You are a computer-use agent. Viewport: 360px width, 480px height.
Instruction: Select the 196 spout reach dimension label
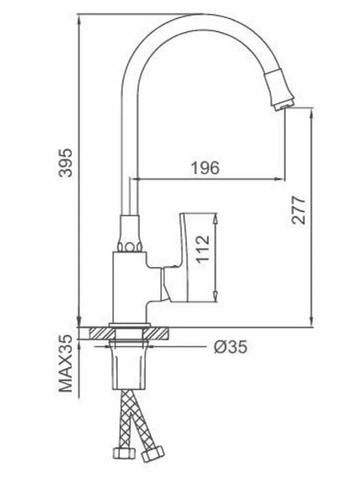click(x=205, y=168)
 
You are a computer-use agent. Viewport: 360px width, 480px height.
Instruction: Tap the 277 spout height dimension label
click(x=299, y=210)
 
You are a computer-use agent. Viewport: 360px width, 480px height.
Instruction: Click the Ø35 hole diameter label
click(x=230, y=347)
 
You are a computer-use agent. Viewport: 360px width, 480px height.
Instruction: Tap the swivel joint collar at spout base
click(x=130, y=234)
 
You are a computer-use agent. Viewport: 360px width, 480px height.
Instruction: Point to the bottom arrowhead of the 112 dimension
click(x=216, y=298)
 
